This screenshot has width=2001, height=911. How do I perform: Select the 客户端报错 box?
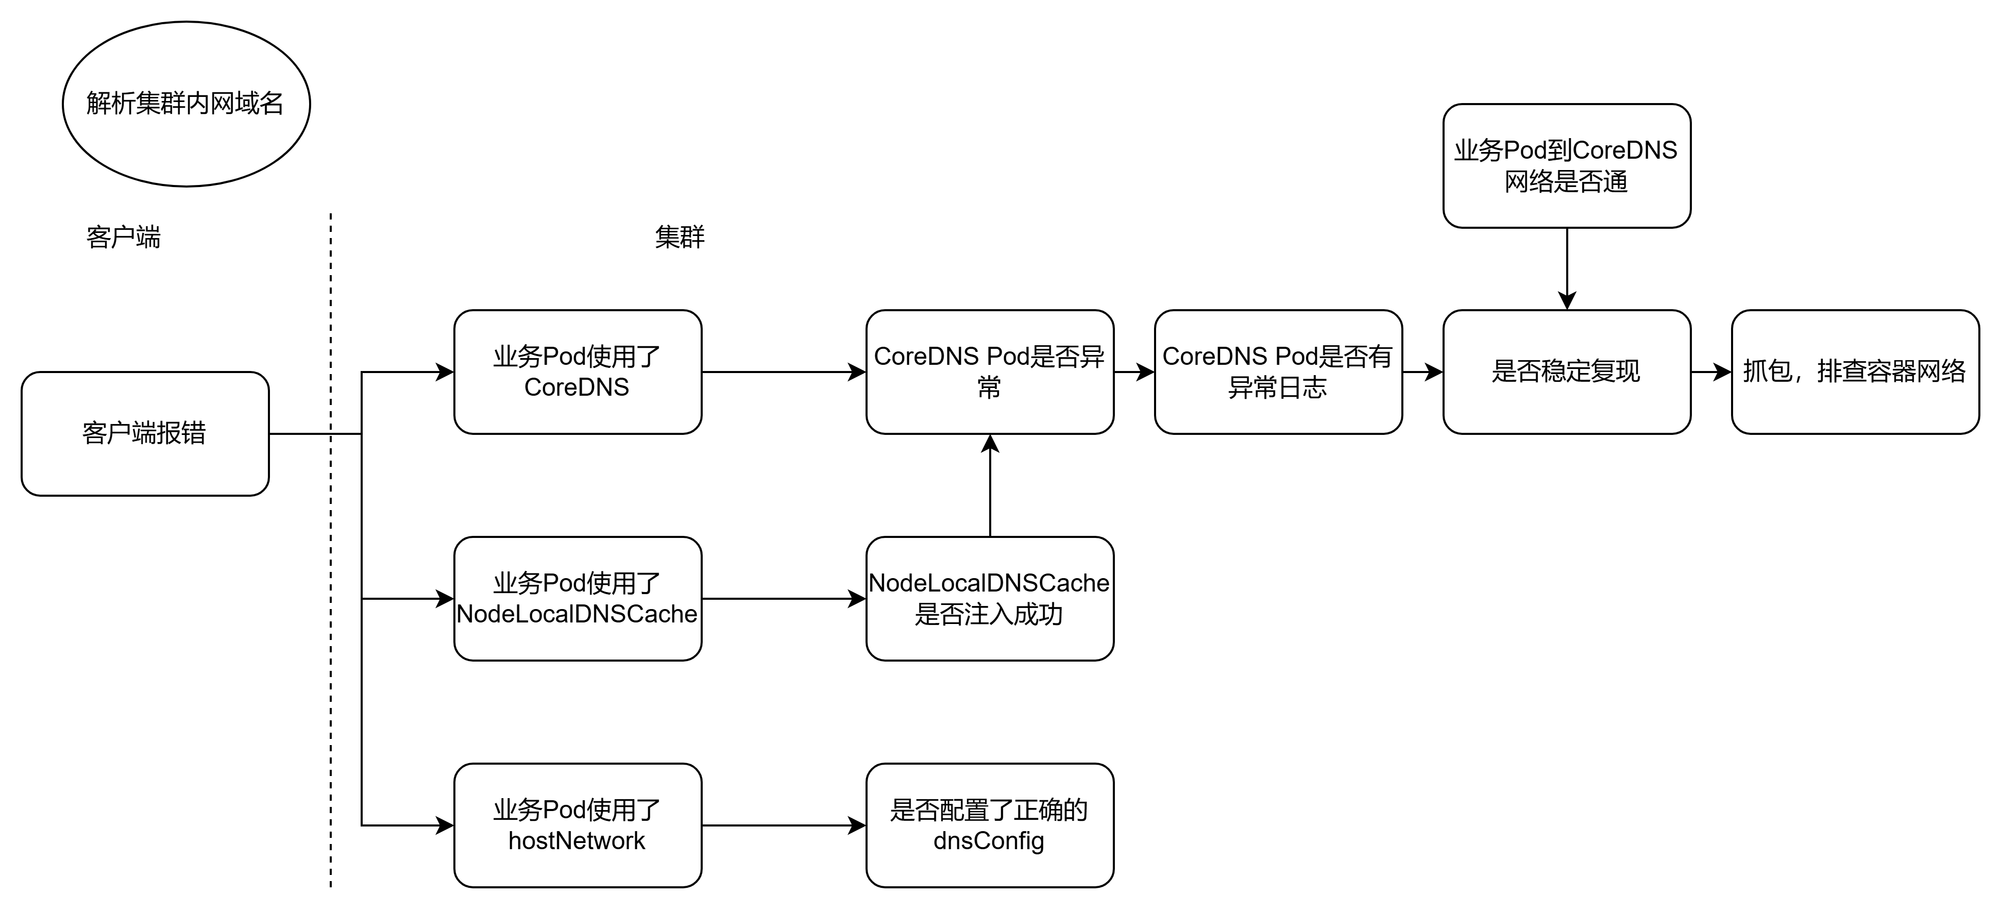145,433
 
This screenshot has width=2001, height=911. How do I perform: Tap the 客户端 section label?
124,237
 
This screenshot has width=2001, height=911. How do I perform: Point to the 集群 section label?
680,237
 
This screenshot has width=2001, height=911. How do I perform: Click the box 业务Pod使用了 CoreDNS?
578,372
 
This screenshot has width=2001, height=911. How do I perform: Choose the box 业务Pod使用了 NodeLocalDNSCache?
578,599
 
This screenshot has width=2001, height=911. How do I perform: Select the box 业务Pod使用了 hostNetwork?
578,825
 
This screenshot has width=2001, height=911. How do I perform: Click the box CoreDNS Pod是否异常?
990,372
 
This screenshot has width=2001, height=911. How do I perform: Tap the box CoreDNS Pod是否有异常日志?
1279,372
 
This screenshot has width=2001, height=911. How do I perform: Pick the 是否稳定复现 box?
1567,372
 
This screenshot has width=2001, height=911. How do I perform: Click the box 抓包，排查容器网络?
1856,372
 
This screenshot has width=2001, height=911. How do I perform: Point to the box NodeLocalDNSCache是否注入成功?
990,599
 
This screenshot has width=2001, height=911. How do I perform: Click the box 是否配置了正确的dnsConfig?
990,825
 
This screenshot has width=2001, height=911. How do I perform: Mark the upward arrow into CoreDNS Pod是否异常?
990,485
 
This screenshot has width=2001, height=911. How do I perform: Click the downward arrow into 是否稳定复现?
1567,269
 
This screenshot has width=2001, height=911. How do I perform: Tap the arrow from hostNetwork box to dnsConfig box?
784,825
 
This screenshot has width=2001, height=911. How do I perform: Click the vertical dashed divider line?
331,550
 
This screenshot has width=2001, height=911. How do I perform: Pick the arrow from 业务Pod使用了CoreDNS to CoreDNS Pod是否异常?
784,372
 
